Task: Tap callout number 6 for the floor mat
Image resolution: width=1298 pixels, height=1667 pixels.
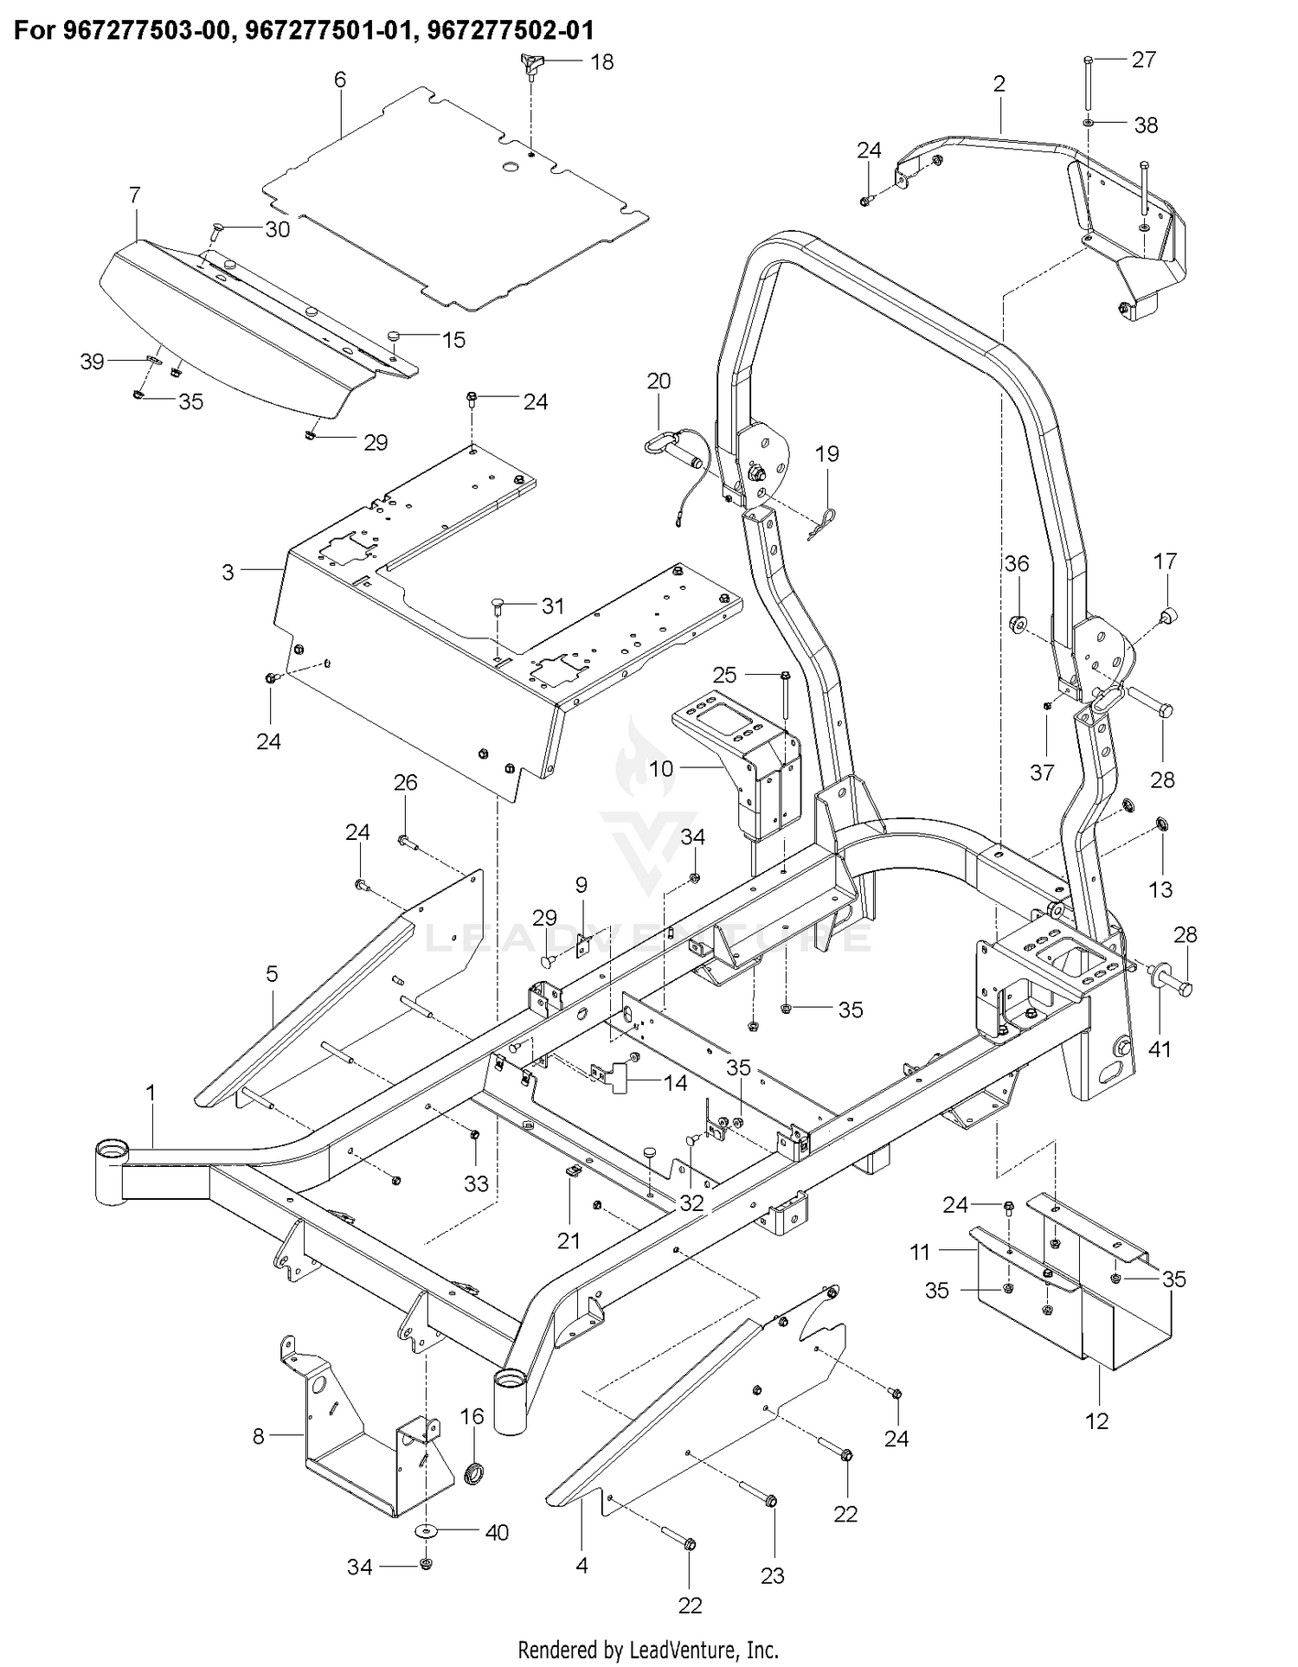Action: pos(340,80)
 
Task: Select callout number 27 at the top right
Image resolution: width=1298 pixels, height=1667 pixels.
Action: pos(1144,60)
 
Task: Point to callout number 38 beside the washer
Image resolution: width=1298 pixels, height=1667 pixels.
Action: pos(1146,125)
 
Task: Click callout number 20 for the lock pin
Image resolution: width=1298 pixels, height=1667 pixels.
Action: pos(659,381)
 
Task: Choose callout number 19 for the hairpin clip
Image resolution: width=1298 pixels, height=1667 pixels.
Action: pos(827,454)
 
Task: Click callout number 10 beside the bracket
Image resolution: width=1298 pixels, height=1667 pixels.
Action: pos(661,767)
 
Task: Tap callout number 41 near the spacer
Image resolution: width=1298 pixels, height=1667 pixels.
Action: pos(1160,1049)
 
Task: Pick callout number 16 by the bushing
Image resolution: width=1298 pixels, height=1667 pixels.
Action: pos(472,1416)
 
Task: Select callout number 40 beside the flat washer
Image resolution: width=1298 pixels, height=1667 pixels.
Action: pos(497,1533)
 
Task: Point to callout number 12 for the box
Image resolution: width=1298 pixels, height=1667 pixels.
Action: pos(1096,1420)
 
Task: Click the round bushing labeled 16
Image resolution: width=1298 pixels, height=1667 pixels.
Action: pos(473,1471)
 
